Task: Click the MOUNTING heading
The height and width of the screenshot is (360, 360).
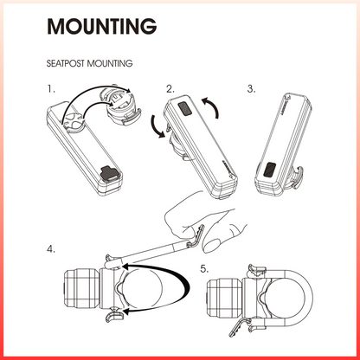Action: [x=102, y=26]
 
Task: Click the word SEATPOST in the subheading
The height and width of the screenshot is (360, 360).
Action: [x=66, y=63]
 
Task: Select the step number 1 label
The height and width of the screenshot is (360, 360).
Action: [x=51, y=89]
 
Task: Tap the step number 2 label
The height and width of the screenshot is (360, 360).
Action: [x=170, y=89]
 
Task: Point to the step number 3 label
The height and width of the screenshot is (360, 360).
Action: [x=251, y=89]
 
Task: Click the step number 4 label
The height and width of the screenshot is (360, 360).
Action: [x=51, y=249]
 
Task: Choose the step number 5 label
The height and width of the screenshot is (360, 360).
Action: [x=204, y=269]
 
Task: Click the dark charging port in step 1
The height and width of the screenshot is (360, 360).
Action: [x=109, y=173]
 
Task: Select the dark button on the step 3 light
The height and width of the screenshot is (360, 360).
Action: [x=270, y=170]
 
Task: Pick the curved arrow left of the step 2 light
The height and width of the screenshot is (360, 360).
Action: [x=156, y=126]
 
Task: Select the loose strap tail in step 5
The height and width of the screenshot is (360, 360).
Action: [x=238, y=327]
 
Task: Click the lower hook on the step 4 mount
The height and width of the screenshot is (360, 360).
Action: [x=114, y=315]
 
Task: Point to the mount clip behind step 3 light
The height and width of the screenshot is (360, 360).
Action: [x=297, y=177]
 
